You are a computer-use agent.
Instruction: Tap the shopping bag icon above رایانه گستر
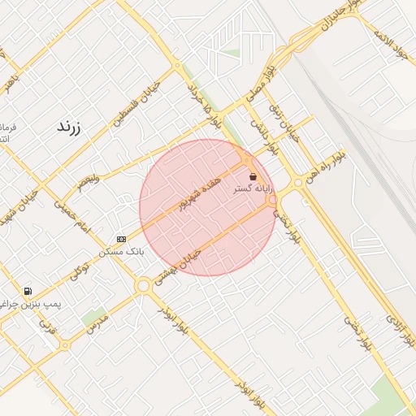[x=253, y=176]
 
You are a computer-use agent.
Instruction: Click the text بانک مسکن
[x=121, y=252]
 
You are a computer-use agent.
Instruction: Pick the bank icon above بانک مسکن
[x=121, y=239]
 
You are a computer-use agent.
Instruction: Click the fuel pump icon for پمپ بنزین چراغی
[x=28, y=291]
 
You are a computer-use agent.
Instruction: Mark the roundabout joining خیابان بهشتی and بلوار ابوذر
[x=144, y=285]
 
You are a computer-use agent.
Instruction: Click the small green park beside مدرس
[x=93, y=316]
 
